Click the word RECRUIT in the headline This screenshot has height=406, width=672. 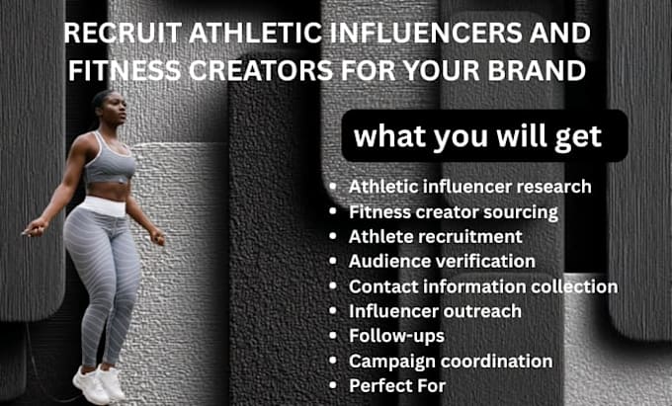[x=124, y=34]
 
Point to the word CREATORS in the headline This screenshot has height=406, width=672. [x=261, y=70]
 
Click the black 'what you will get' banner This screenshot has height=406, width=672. [x=484, y=135]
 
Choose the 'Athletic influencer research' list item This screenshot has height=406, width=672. [x=470, y=187]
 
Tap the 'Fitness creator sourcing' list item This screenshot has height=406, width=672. [x=454, y=212]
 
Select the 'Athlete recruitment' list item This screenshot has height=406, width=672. [x=436, y=236]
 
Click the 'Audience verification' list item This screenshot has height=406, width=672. [x=442, y=261]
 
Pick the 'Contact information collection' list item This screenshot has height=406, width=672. [x=483, y=286]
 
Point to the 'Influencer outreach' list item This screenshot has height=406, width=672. [x=435, y=311]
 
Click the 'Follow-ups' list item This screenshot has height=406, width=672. [x=397, y=336]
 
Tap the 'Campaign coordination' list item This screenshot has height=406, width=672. [x=451, y=361]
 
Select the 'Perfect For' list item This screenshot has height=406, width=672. [x=397, y=385]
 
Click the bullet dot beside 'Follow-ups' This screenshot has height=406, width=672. [x=333, y=335]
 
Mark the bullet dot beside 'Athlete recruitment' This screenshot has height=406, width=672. [x=333, y=236]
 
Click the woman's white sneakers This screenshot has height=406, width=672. [x=99, y=383]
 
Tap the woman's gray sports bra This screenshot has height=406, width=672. [x=110, y=159]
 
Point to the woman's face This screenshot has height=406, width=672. [x=117, y=109]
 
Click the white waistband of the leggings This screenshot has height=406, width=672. [x=104, y=206]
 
